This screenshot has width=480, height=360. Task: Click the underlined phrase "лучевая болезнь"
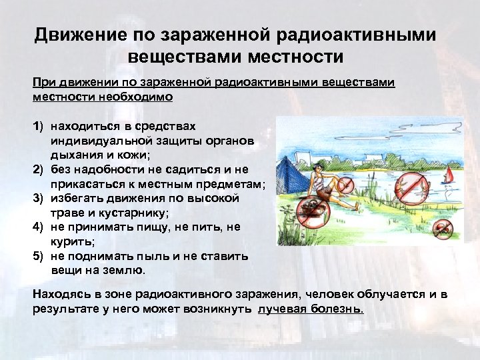click(311, 309)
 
